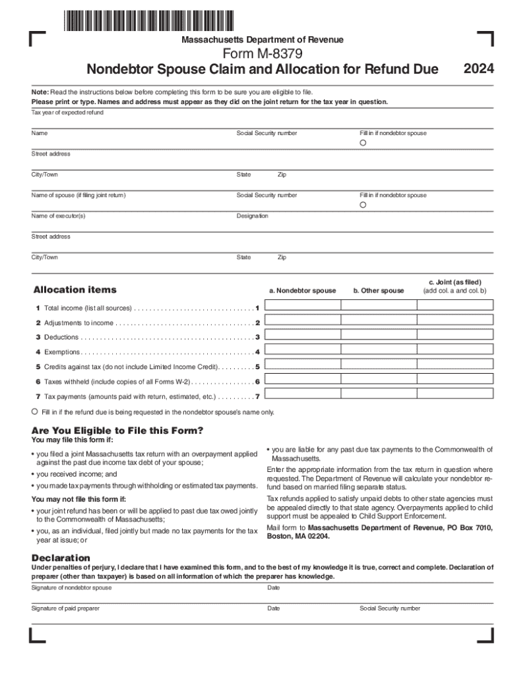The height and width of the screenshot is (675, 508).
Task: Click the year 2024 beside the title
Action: [x=479, y=69]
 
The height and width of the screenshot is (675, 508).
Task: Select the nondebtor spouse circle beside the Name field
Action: [x=363, y=144]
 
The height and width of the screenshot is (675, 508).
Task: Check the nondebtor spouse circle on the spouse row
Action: [x=363, y=206]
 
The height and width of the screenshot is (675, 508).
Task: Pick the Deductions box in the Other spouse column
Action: [x=378, y=337]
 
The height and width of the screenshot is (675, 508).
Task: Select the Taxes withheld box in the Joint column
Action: [x=455, y=382]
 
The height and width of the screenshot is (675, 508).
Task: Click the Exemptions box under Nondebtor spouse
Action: [x=302, y=352]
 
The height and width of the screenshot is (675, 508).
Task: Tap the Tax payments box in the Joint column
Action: [x=455, y=397]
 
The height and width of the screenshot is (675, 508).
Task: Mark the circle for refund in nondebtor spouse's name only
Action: [x=35, y=411]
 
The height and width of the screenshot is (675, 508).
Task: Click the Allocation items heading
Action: [x=75, y=289]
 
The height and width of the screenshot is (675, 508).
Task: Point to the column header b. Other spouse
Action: [x=379, y=291]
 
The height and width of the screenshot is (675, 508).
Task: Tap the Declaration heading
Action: [x=61, y=558]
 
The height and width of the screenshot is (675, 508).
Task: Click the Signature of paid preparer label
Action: [x=65, y=608]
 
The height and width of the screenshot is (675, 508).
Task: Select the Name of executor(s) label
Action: [x=59, y=216]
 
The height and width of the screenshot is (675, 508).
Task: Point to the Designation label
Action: [x=252, y=216]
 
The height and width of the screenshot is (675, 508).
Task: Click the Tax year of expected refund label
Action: [x=67, y=113]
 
